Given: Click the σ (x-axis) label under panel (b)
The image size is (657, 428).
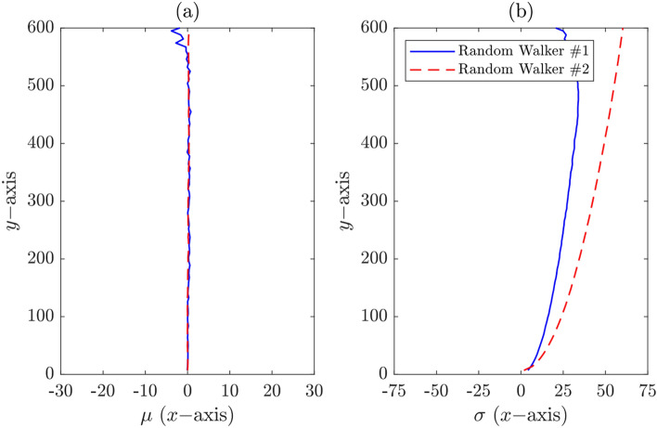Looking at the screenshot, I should tap(520, 411).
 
